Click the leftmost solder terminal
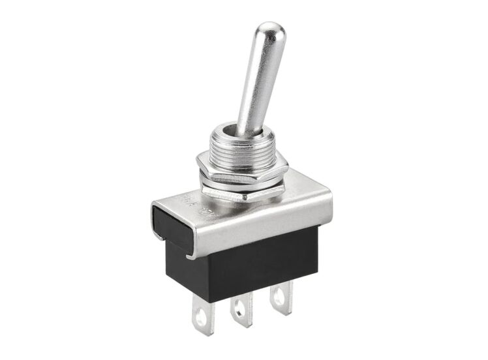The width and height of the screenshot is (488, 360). tap(200, 315)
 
